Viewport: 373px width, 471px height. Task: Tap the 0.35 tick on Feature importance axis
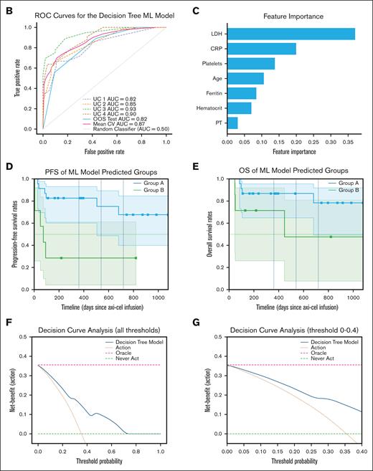tap(346, 141)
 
